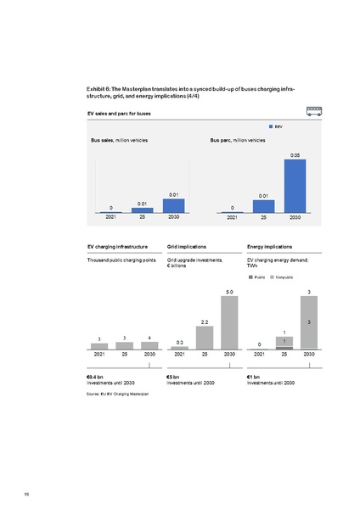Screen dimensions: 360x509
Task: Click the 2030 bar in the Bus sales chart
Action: coord(173,205)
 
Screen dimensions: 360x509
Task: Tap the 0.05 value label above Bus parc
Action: coord(295,155)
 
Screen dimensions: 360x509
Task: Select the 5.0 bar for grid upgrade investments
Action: coord(229,323)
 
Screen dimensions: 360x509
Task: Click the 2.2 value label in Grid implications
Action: coord(205,322)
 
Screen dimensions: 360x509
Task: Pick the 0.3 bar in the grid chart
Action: coord(180,348)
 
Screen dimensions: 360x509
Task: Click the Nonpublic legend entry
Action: coord(283,277)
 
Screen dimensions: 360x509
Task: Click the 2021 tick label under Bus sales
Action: coord(110,218)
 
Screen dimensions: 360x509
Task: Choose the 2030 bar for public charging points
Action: coord(149,345)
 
